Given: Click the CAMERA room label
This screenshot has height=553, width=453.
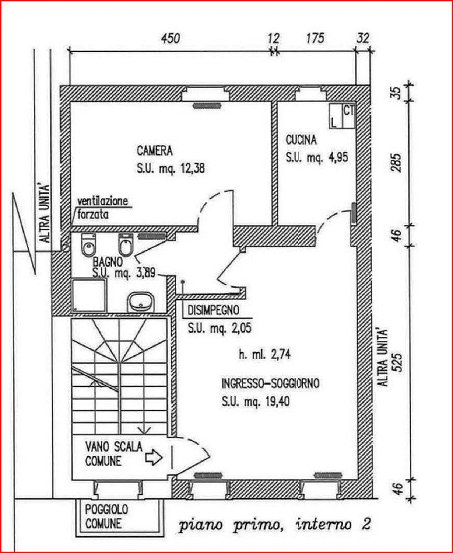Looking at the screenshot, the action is point(155,151).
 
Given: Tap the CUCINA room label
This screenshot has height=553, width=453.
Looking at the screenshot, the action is point(301,140).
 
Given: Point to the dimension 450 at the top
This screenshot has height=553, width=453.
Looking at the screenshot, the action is point(171,39).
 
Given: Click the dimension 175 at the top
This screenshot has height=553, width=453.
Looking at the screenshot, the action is point(315,39).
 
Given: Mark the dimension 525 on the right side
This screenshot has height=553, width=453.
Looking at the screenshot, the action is point(397,363).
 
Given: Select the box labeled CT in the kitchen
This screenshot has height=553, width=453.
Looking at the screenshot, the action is point(348,116).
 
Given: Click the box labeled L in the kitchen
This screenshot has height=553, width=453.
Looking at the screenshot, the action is point(336,116).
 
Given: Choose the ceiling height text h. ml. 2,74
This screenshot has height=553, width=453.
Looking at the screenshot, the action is point(265,355).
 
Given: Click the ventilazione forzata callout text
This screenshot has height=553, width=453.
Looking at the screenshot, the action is point(102,208).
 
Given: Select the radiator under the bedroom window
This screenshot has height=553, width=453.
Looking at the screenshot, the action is point(207,106).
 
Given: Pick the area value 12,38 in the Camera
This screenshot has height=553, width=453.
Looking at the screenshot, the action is point(193,168).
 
